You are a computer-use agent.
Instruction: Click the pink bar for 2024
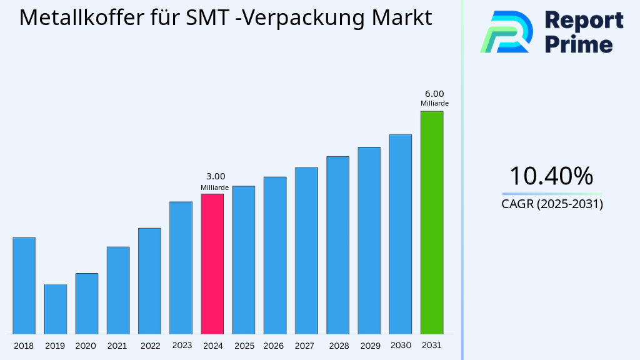[212, 264]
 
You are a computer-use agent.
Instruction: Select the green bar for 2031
[431, 222]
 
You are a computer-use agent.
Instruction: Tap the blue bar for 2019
[55, 309]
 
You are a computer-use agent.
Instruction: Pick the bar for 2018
[24, 286]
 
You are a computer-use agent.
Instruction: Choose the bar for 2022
[149, 281]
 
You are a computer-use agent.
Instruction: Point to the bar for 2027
[306, 250]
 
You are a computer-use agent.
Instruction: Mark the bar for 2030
[400, 234]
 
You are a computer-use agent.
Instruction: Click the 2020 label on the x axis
[86, 346]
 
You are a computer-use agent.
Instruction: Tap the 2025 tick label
[244, 346]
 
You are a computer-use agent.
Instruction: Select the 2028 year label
[339, 346]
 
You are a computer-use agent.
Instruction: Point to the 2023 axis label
[182, 345]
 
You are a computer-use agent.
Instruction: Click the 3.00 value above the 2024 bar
[215, 176]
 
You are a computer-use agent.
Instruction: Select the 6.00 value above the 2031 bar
[434, 94]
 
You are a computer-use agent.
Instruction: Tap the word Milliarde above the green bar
[434, 104]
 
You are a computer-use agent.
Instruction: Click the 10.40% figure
[551, 176]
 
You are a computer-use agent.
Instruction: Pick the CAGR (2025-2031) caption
[552, 204]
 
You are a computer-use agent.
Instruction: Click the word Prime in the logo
[579, 44]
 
